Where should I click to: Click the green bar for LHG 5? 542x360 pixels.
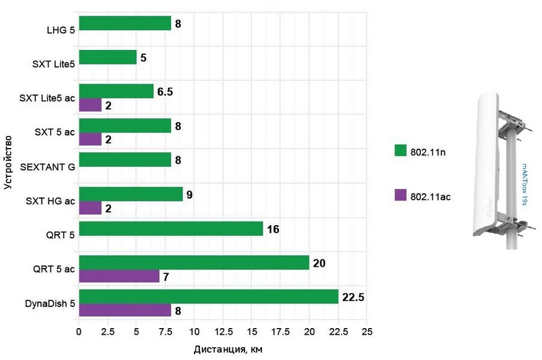click(125, 23)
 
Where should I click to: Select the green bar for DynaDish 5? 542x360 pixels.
click(208, 297)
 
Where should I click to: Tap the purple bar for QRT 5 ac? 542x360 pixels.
click(119, 276)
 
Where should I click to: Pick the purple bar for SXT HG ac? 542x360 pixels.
click(90, 208)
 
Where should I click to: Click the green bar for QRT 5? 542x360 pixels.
click(171, 229)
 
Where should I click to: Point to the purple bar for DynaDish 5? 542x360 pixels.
click(125, 311)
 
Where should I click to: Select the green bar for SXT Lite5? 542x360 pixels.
click(108, 58)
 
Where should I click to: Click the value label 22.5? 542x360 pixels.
click(354, 297)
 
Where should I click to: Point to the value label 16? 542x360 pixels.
click(274, 229)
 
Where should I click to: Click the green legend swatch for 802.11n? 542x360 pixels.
click(400, 151)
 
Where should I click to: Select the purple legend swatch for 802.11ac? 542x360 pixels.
click(400, 196)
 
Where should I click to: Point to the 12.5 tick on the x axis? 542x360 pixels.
click(223, 332)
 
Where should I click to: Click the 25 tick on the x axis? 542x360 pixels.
click(367, 332)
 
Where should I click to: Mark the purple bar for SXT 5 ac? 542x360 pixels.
click(90, 139)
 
